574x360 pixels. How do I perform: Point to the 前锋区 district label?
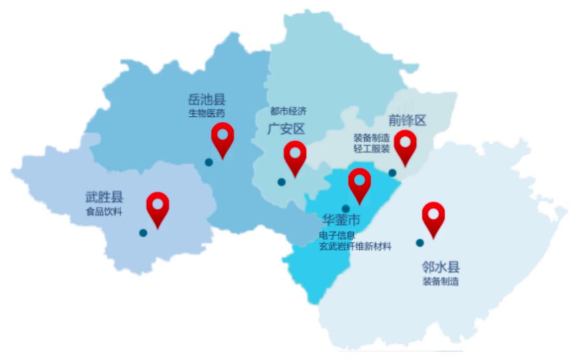(408, 120)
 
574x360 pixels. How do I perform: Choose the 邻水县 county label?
(441, 267)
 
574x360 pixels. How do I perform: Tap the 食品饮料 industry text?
(104, 212)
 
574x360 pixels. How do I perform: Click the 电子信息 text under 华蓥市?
(337, 235)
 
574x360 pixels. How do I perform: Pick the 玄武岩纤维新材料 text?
(355, 246)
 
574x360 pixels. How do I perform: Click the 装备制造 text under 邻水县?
(441, 282)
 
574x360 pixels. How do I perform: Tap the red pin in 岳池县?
(223, 137)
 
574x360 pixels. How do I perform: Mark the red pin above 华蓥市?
(360, 183)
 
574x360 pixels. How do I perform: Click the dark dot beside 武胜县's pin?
(143, 233)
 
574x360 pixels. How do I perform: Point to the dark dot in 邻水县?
(420, 243)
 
